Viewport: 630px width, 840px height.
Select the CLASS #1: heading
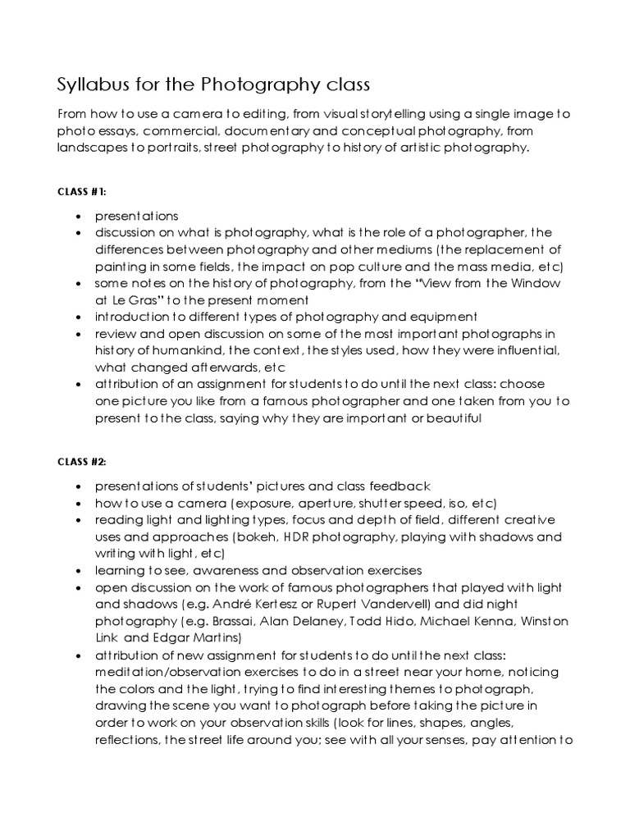pyautogui.click(x=82, y=191)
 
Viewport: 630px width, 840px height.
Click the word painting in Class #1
pyautogui.click(x=120, y=266)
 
